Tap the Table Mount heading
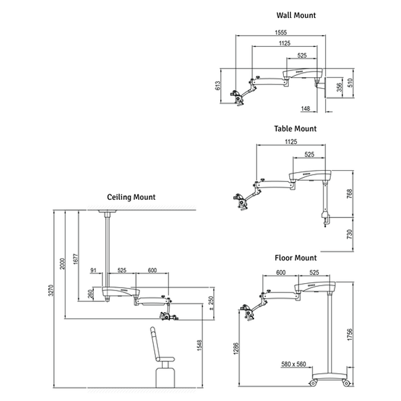coord(295,129)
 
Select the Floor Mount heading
coord(296,258)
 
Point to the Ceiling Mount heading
coord(131,197)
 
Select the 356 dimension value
coord(339,87)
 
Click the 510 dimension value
coord(350,82)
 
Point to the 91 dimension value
coord(93,270)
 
